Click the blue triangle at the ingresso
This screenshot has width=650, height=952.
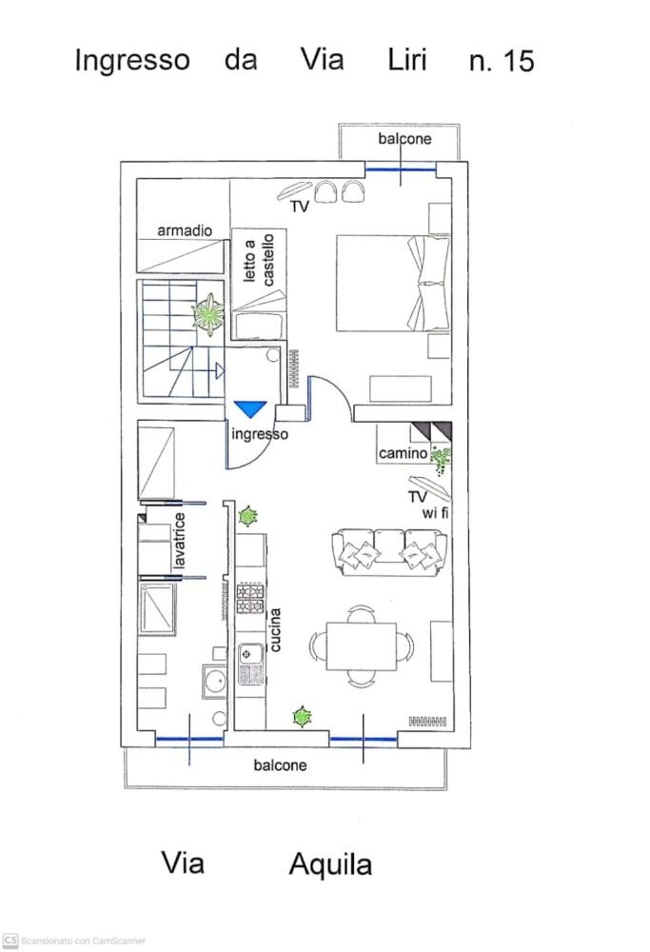click(x=250, y=408)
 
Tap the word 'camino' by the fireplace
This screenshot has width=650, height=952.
click(x=403, y=453)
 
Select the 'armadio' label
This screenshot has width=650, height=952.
click(x=185, y=230)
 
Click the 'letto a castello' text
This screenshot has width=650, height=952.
click(x=259, y=259)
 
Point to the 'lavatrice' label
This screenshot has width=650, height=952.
click(x=180, y=541)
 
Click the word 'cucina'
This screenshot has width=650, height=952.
click(x=275, y=629)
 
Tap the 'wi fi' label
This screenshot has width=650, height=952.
click(x=435, y=514)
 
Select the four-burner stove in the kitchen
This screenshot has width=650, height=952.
click(x=250, y=598)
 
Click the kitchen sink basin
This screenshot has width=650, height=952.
click(x=248, y=654)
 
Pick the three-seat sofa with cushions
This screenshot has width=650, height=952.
click(x=389, y=551)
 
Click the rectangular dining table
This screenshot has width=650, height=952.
click(x=362, y=646)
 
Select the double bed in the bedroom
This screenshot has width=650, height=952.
click(x=393, y=283)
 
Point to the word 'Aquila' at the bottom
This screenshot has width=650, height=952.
click(x=330, y=865)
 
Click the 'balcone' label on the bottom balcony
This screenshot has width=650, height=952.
click(x=281, y=765)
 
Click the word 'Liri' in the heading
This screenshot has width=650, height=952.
click(x=408, y=60)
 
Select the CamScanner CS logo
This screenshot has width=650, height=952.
click(x=10, y=941)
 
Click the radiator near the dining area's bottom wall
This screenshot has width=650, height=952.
click(x=427, y=722)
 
